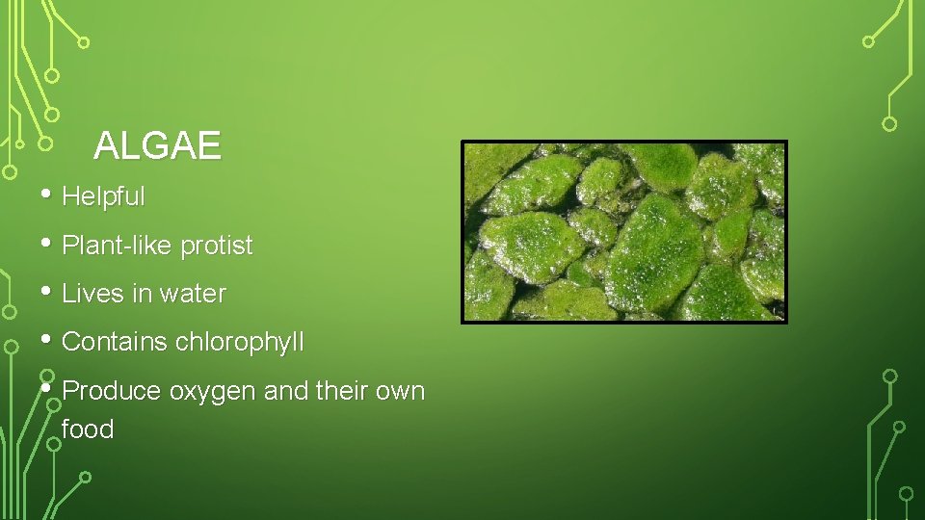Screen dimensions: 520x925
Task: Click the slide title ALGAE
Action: (157, 146)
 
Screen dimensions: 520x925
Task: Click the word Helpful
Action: (103, 197)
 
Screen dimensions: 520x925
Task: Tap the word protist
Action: (216, 247)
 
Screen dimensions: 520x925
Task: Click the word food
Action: (88, 429)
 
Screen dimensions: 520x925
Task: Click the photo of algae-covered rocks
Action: (624, 231)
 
